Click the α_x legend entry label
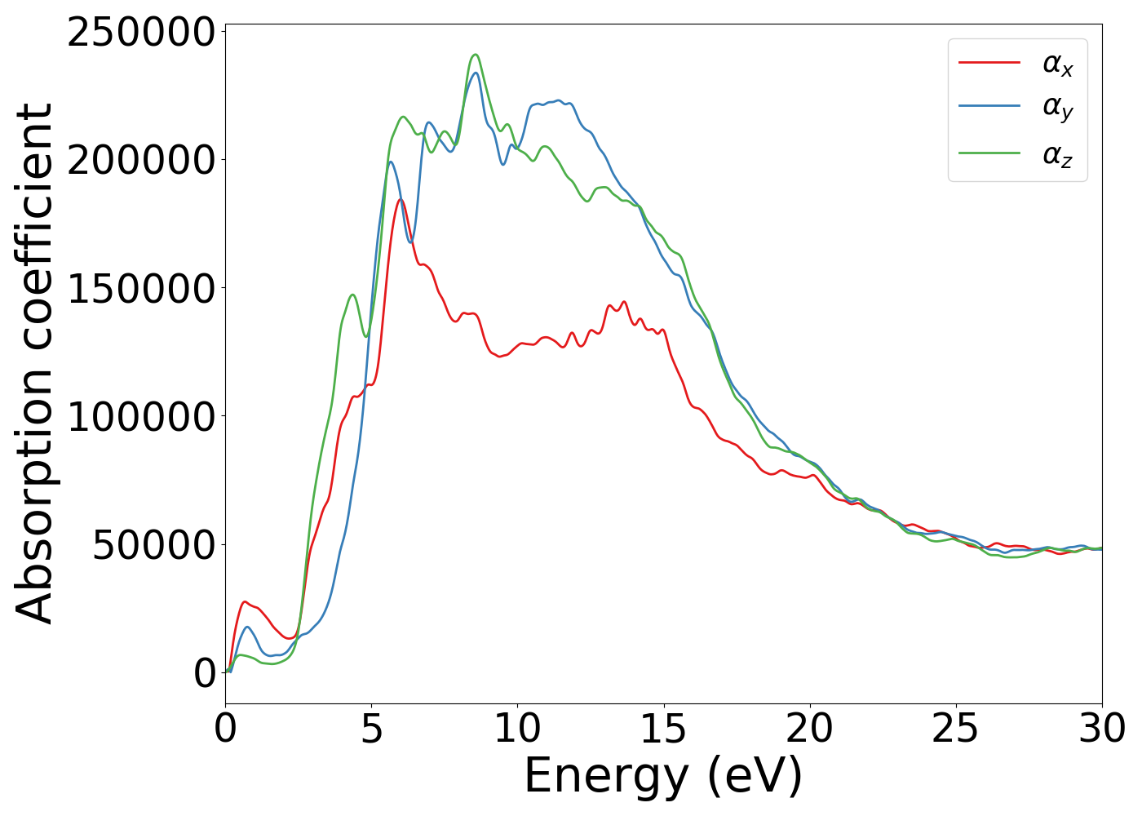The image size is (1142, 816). (1057, 64)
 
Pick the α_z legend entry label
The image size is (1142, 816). (1057, 154)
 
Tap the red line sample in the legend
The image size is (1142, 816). (989, 62)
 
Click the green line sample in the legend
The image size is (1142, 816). (989, 153)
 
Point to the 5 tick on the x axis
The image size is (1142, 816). (371, 729)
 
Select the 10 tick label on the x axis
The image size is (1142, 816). (517, 729)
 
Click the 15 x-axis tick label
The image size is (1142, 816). (663, 729)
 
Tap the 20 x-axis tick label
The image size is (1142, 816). (809, 729)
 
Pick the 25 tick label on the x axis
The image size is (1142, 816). (955, 729)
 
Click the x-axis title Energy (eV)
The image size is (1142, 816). (663, 776)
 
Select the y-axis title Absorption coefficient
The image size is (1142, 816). (34, 363)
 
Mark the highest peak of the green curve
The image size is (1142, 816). (476, 55)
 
